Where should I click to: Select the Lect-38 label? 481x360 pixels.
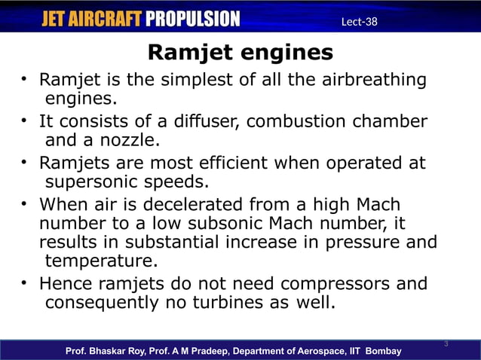[359, 21]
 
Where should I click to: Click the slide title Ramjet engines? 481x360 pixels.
[240, 53]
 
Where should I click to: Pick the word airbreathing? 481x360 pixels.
[368, 80]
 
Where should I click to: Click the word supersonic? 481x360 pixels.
[94, 182]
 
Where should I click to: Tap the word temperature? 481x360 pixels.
[102, 261]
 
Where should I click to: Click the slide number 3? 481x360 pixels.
[446, 344]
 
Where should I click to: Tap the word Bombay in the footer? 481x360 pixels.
[384, 352]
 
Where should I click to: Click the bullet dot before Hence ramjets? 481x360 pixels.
[25, 284]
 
